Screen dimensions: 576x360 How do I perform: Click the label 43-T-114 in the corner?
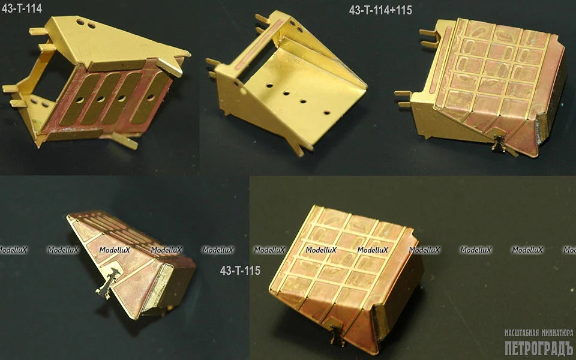tap(22, 8)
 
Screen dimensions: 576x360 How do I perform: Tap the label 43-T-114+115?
tap(380, 10)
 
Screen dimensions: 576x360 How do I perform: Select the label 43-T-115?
tap(240, 271)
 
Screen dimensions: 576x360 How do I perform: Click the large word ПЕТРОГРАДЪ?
tap(539, 348)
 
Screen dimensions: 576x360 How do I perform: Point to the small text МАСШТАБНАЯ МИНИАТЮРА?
tap(539, 333)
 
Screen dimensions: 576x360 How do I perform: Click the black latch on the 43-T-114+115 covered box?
tap(499, 143)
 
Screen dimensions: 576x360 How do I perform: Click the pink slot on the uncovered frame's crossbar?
tap(260, 44)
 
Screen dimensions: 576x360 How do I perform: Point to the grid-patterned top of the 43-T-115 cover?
tap(340, 257)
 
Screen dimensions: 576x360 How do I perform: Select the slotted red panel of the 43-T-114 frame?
tap(110, 99)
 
